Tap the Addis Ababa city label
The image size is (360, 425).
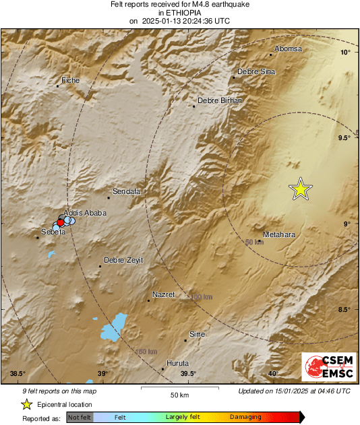[85, 213]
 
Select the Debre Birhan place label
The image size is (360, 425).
[219, 100]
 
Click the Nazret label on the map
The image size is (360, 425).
[164, 295]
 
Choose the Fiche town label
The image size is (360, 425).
[70, 81]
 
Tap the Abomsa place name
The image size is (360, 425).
[289, 49]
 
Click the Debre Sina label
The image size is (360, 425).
[256, 71]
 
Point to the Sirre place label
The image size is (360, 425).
[197, 334]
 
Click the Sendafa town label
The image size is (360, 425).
[126, 192]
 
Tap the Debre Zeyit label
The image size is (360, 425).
[123, 260]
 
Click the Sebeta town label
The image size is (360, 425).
[53, 232]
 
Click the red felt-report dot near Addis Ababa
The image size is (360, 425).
[60, 222]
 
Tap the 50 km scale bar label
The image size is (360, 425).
[178, 394]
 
